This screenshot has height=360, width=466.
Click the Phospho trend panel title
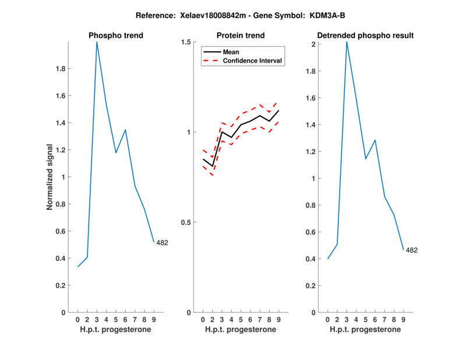point(116,36)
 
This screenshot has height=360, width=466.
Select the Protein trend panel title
point(241,36)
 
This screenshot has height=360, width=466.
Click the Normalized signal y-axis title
point(51,177)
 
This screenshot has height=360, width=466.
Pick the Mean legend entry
point(231,52)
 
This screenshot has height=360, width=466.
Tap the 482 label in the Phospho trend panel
point(162,242)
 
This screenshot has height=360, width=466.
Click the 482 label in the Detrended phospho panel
point(412,250)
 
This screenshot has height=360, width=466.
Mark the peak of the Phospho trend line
point(97,42)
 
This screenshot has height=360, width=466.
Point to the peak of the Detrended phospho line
point(347,42)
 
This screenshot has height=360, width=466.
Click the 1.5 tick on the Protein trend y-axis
point(186,42)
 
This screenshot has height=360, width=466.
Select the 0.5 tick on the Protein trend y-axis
point(186,223)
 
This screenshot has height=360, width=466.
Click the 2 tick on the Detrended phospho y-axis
point(313,45)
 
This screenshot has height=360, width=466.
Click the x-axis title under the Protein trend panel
point(241,330)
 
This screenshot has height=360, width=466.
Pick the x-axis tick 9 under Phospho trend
point(154,319)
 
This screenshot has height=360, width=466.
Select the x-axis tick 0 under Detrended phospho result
point(327,319)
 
